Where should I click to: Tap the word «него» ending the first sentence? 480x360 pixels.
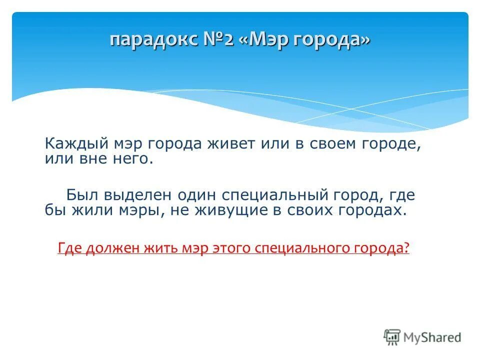[132, 159]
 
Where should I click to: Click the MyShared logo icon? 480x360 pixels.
[392, 337]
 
